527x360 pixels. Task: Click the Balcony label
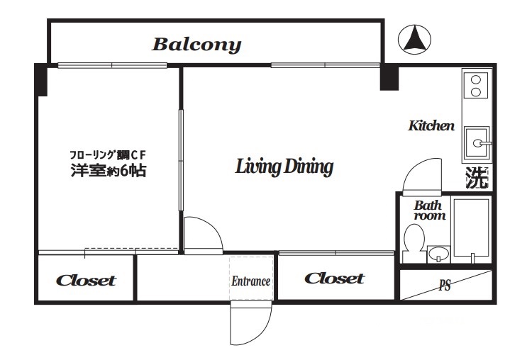(x=196, y=45)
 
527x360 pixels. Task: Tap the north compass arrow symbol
(x=414, y=40)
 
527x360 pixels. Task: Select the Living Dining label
(x=284, y=167)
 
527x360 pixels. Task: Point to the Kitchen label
(x=431, y=126)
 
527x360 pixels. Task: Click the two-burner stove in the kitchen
(x=476, y=85)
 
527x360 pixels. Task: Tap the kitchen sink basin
(x=477, y=142)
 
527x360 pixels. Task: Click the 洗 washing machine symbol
(x=477, y=178)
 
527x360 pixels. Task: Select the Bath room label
(x=430, y=210)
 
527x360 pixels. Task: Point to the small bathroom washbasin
(x=438, y=254)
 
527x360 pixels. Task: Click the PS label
(x=445, y=286)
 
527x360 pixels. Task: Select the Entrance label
(x=250, y=281)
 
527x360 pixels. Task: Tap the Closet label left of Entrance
(x=86, y=281)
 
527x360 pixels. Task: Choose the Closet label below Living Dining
(x=335, y=279)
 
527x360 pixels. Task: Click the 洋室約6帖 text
(x=109, y=171)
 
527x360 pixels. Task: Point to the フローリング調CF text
(x=109, y=155)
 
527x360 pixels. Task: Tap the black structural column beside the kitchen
(x=389, y=78)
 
